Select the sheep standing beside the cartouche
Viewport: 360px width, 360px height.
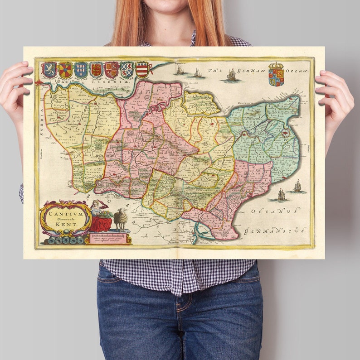121,220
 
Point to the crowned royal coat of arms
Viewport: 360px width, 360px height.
276,75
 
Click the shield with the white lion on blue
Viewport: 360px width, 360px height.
49,70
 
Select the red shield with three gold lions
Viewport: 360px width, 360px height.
96,70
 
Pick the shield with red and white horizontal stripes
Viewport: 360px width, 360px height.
142,70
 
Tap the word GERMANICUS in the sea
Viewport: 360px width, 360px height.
275,230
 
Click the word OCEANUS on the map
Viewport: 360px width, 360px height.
275,211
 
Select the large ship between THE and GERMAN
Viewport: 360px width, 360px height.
232,75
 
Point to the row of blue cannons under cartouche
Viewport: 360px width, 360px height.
63,240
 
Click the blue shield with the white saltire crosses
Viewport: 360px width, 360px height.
81,70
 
